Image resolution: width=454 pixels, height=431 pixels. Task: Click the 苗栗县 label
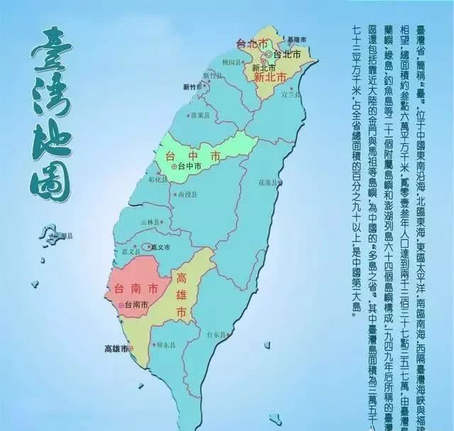(199, 114)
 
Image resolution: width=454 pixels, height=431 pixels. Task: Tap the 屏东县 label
(166, 346)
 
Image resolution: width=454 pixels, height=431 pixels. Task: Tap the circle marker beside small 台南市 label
(122, 305)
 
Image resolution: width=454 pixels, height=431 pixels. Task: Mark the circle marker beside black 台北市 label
(267, 54)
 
